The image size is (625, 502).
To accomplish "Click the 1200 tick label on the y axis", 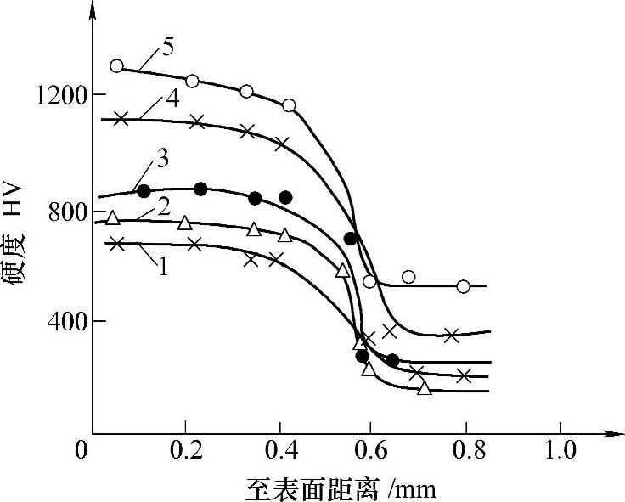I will [x=57, y=94].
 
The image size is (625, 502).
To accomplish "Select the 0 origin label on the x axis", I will [x=82, y=448].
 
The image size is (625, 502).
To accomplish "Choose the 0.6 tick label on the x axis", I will [x=370, y=448].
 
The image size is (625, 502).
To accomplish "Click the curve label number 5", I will [x=169, y=48].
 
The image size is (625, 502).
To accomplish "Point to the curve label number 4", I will [x=172, y=98].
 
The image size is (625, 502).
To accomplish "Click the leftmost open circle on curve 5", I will [x=117, y=66].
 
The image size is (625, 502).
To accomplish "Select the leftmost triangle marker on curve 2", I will [x=113, y=218].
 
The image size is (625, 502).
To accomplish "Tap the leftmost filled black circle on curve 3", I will [x=144, y=191].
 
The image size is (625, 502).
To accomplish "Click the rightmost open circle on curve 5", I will [x=463, y=286].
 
